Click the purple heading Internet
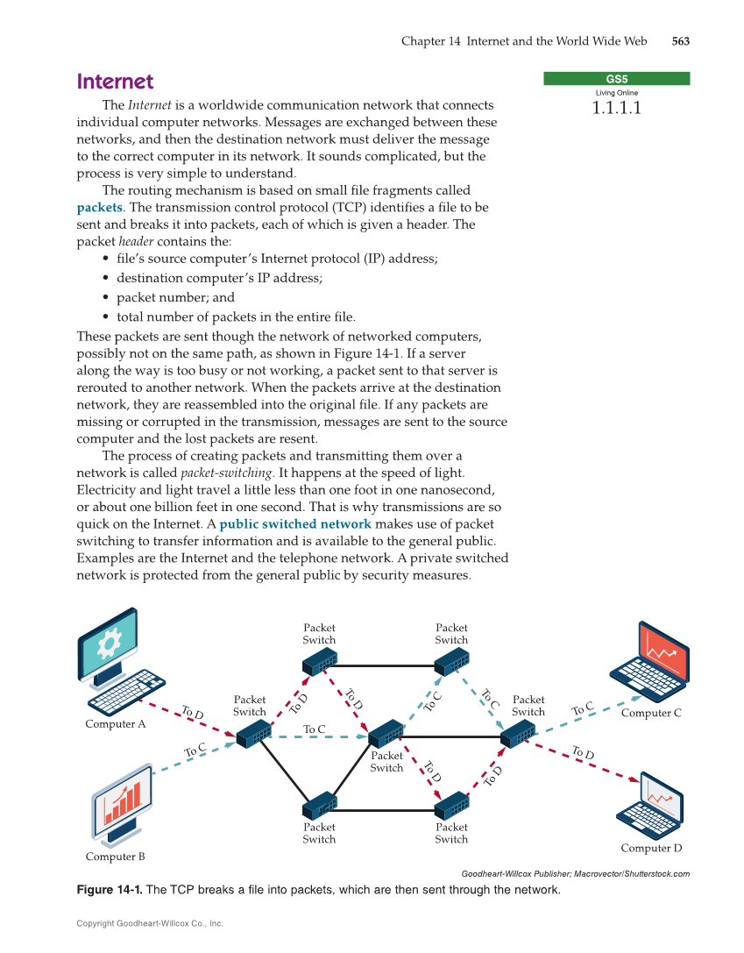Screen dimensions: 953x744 pyautogui.click(x=115, y=82)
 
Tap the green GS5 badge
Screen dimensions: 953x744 pyautogui.click(x=616, y=79)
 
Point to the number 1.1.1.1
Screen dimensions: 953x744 pyautogui.click(x=616, y=109)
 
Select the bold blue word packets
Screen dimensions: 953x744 pyautogui.click(x=99, y=208)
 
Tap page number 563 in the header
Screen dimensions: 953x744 pyautogui.click(x=681, y=41)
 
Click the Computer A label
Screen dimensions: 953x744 pyautogui.click(x=116, y=724)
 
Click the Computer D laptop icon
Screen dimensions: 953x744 pyautogui.click(x=650, y=806)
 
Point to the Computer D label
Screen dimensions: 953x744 pyautogui.click(x=651, y=848)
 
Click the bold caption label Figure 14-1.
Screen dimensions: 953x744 pyautogui.click(x=110, y=890)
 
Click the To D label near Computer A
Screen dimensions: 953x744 pyautogui.click(x=192, y=713)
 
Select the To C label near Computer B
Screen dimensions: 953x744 pyautogui.click(x=195, y=750)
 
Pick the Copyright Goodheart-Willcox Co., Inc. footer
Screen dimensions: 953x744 pyautogui.click(x=150, y=923)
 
